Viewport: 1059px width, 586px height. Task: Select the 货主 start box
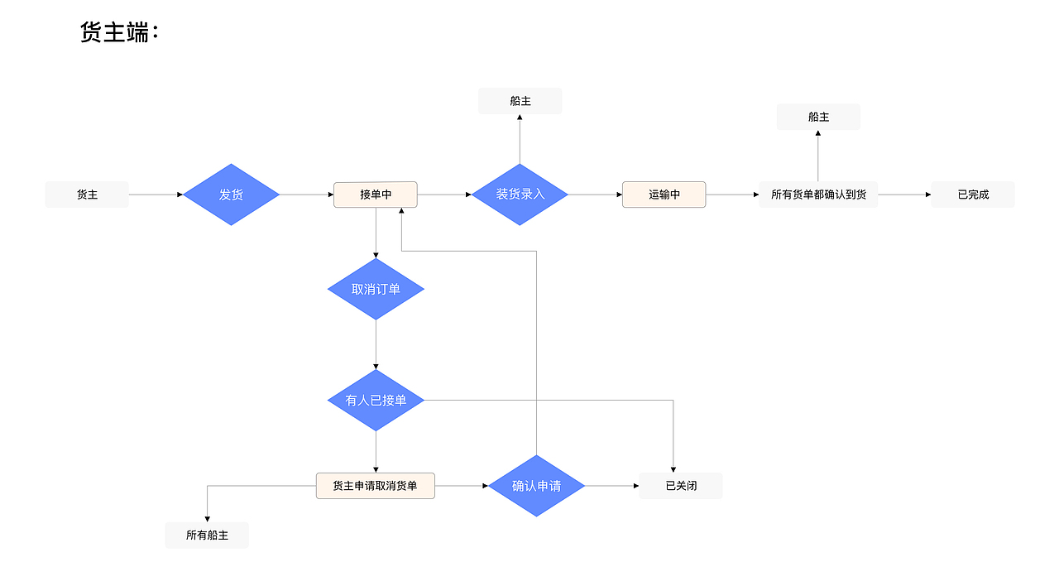pyautogui.click(x=87, y=195)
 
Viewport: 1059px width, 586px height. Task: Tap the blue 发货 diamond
pyautogui.click(x=231, y=195)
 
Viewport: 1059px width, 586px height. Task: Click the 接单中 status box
pyautogui.click(x=376, y=195)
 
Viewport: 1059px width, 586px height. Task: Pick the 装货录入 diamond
pyautogui.click(x=520, y=195)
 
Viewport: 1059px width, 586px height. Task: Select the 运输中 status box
pyautogui.click(x=664, y=195)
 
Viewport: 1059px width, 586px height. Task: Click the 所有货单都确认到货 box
pyautogui.click(x=818, y=195)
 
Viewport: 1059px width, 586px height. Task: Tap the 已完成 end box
pyautogui.click(x=973, y=195)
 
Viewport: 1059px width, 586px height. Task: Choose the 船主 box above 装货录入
pyautogui.click(x=520, y=101)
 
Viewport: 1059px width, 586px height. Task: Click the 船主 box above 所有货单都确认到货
pyautogui.click(x=818, y=117)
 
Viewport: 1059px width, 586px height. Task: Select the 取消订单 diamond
pyautogui.click(x=376, y=289)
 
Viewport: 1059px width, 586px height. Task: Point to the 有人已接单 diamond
pyautogui.click(x=376, y=400)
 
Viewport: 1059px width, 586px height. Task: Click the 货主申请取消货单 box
pyautogui.click(x=375, y=486)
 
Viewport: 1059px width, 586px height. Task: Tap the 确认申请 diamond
pyautogui.click(x=536, y=486)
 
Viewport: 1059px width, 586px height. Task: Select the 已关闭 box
pyautogui.click(x=681, y=486)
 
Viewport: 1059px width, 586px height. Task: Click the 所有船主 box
pyautogui.click(x=207, y=536)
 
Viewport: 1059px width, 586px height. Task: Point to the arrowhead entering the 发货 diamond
pyautogui.click(x=180, y=195)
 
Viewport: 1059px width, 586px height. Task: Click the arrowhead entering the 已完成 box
pyautogui.click(x=927, y=195)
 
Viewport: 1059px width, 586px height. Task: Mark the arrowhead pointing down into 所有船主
pyautogui.click(x=207, y=518)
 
